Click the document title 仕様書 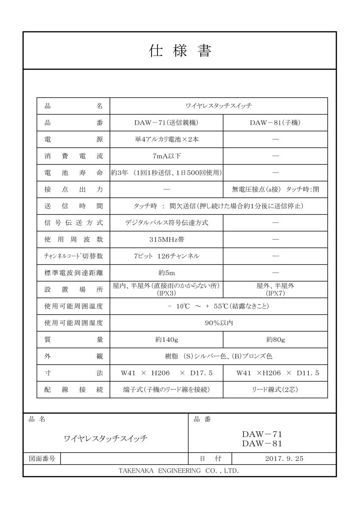[180, 51]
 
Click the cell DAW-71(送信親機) [166, 123]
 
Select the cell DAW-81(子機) [275, 123]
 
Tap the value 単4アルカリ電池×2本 [166, 140]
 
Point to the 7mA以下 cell [166, 156]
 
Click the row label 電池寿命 [74, 173]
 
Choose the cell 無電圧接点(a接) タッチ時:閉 [275, 190]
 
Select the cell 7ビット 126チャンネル [166, 256]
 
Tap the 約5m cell [166, 273]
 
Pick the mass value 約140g [166, 339]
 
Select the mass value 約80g [275, 339]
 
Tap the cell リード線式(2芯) [275, 389]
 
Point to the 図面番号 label [42, 459]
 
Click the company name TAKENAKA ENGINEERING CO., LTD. [180, 471]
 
